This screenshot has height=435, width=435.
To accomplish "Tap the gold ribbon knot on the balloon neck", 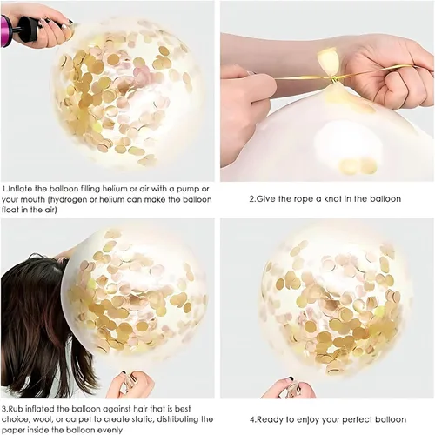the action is tap(334, 79).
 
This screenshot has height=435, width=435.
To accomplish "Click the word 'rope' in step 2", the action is tap(304, 199).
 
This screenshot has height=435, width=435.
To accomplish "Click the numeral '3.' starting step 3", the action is tap(4, 409).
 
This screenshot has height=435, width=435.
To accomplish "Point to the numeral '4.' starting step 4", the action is tap(253, 419).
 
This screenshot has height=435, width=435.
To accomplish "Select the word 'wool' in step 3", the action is tap(40, 419).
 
